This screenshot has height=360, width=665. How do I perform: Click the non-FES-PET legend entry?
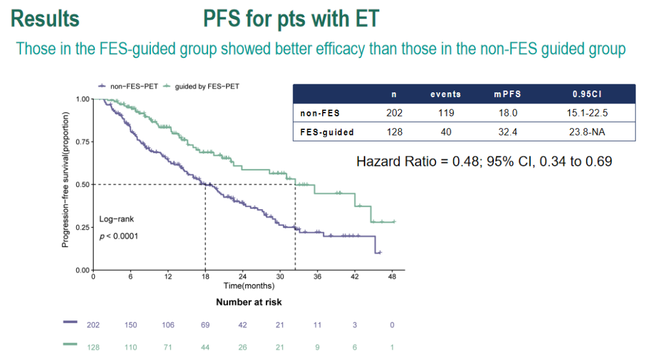tap(126, 86)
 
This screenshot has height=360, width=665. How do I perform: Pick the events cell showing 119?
tap(445, 113)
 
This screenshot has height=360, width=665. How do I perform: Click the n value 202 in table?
tap(394, 113)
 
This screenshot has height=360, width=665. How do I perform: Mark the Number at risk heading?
tap(249, 302)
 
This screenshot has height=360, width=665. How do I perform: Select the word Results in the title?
tap(45, 19)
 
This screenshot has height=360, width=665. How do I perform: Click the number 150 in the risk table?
tap(131, 325)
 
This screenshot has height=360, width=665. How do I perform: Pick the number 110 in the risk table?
tap(131, 348)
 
